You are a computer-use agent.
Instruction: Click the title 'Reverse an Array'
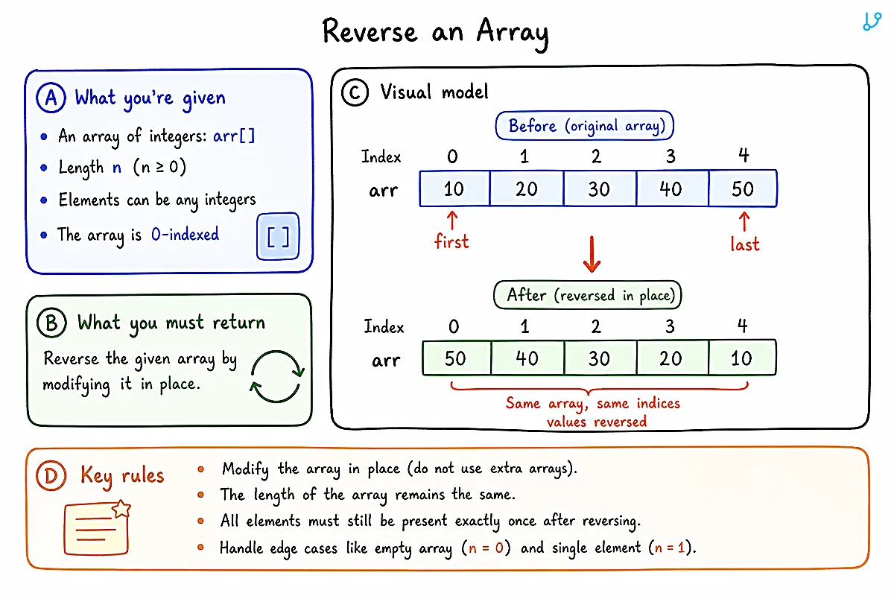[x=435, y=33]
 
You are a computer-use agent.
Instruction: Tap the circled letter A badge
[x=51, y=98]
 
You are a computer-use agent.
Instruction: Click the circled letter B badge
[x=51, y=323]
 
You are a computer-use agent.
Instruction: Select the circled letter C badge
[x=355, y=92]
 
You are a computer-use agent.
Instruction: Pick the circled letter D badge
[x=51, y=475]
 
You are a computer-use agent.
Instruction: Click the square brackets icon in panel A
[x=278, y=236]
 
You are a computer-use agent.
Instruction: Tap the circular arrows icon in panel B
[x=277, y=376]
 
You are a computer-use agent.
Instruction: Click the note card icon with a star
[x=98, y=527]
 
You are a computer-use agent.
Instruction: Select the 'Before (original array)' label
[x=584, y=126]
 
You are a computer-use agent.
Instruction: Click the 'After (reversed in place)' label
[x=588, y=295]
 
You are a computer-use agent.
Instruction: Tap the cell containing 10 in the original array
[x=454, y=188]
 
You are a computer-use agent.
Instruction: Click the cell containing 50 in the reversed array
[x=457, y=358]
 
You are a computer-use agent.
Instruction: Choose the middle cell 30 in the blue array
[x=600, y=188]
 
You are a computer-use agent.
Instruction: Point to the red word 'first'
[x=451, y=241]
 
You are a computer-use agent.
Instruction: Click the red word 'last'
[x=745, y=244]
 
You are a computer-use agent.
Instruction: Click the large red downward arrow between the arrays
[x=592, y=254]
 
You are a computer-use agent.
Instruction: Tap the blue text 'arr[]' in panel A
[x=234, y=136]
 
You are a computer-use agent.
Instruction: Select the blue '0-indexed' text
[x=186, y=234]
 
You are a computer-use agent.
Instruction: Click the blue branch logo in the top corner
[x=872, y=22]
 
